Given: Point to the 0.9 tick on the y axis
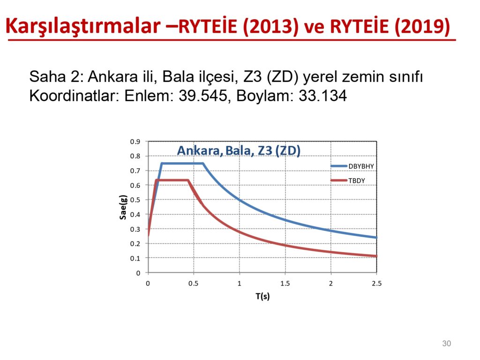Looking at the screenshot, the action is coord(135,142).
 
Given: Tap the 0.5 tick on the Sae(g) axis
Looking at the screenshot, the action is coord(135,200).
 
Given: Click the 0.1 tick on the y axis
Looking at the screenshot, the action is coord(135,258).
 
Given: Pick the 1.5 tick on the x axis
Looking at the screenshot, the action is coord(285,284).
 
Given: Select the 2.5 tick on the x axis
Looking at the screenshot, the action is coord(376,284).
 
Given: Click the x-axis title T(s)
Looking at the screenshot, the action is coord(262,296).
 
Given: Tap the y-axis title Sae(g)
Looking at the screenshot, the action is coord(123,207).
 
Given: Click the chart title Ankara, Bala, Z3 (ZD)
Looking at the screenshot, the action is coord(239,150).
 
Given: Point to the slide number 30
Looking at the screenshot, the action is coord(447,344).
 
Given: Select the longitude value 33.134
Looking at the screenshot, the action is coord(322,96).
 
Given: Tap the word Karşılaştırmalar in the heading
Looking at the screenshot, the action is coord(83,26).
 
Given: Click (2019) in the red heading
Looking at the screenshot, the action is coord(422,26).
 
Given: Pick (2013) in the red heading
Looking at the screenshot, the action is coord(270,26).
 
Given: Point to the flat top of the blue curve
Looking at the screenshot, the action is coord(182,164).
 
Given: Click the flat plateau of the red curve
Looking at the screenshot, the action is coord(172,180).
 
